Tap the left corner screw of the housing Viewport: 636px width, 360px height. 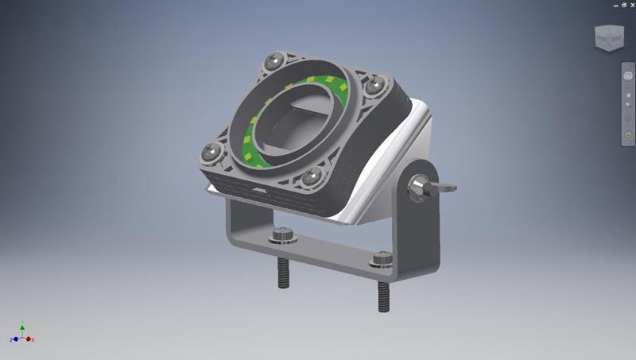[x=211, y=150]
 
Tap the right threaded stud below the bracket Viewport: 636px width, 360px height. [x=384, y=296]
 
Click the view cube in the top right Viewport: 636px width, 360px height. [x=610, y=37]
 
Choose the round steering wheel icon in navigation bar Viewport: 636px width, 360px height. [x=627, y=76]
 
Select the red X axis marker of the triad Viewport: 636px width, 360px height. [x=31, y=339]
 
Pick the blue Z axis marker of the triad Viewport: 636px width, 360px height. [x=14, y=340]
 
